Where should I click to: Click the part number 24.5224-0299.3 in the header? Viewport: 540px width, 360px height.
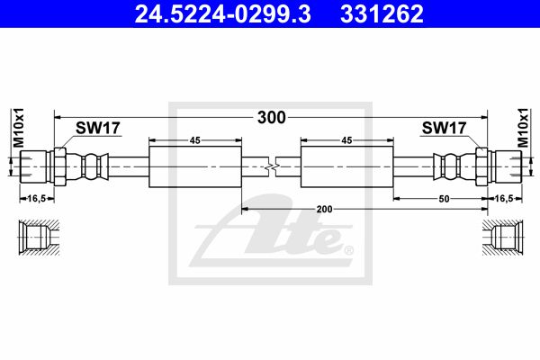[223, 14]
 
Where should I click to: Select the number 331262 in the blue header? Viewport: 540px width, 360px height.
[382, 14]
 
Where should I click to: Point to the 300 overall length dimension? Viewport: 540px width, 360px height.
[272, 118]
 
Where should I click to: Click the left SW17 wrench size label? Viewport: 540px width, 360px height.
[98, 128]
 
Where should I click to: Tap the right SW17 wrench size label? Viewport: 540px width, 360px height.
[445, 128]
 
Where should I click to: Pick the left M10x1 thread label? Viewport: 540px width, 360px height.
[19, 128]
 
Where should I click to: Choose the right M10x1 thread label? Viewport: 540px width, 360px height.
[523, 128]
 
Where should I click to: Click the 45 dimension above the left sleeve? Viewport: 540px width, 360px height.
[195, 140]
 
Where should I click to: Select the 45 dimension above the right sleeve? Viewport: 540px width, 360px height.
[346, 140]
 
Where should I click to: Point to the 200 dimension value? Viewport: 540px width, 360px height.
[324, 209]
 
